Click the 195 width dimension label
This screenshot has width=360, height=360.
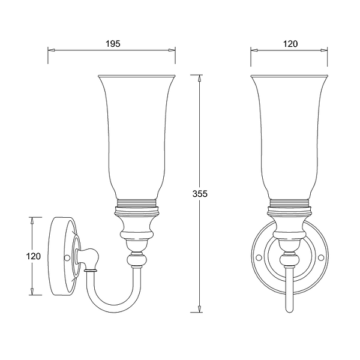pos(113,44)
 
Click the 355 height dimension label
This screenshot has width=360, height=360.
pos(200,194)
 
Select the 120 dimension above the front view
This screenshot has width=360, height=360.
pos(290,44)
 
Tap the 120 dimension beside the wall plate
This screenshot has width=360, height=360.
pos(33,256)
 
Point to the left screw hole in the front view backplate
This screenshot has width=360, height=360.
pos(259,258)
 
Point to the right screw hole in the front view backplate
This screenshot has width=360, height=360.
pos(321,258)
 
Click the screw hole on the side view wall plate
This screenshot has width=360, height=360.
pos(67,258)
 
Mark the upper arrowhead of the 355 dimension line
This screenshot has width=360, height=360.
pos(200,79)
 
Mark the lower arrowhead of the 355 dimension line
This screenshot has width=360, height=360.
pos(200,309)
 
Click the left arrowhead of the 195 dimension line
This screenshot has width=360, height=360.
pos(52,50)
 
